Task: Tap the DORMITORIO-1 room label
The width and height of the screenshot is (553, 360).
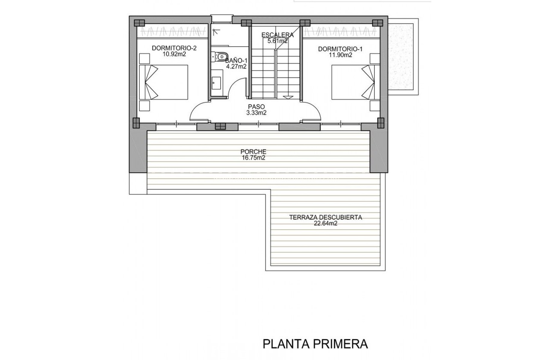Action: [x=340, y=49]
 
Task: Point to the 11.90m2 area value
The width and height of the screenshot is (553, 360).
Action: [x=341, y=55]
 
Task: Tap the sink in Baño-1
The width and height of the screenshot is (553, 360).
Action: [x=216, y=83]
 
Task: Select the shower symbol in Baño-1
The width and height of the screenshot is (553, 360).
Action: [x=217, y=31]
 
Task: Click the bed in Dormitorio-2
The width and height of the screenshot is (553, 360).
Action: [x=164, y=82]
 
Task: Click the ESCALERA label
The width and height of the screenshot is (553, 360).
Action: [x=278, y=35]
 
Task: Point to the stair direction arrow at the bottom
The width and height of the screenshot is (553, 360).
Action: [x=289, y=97]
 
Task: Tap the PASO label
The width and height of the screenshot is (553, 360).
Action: [x=256, y=107]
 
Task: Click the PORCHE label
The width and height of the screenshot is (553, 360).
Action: [x=253, y=152]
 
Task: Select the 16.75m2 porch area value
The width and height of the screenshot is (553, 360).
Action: [x=253, y=158]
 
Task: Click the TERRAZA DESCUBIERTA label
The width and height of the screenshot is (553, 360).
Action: [x=326, y=217]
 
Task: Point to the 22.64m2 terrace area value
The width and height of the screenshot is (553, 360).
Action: [x=326, y=223]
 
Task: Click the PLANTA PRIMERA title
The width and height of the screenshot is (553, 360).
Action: [x=315, y=344]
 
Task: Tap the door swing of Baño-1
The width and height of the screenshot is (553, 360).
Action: [x=237, y=90]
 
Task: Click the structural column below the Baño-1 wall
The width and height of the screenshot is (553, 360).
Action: [x=220, y=126]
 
